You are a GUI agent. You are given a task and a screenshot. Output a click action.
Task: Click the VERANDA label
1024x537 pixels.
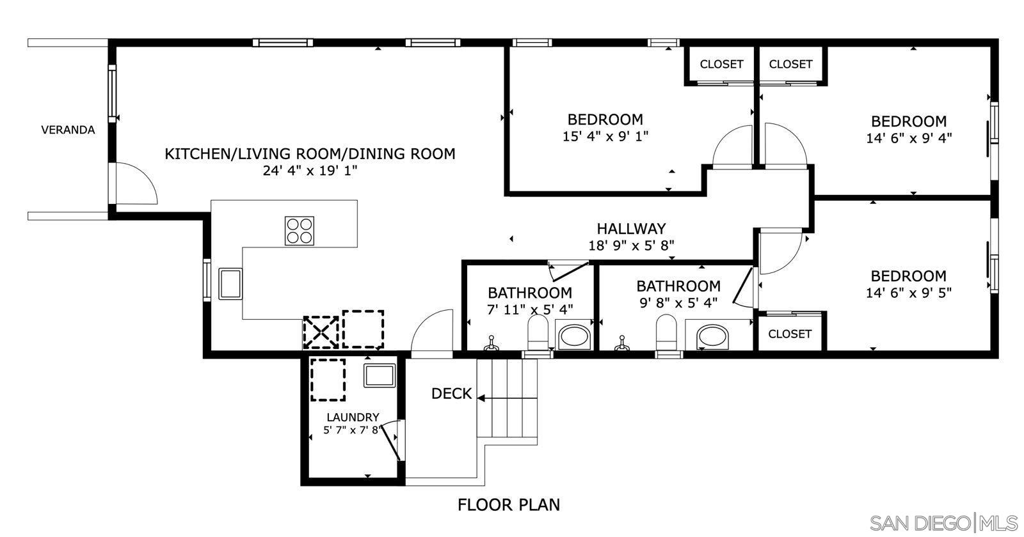(x=68, y=130)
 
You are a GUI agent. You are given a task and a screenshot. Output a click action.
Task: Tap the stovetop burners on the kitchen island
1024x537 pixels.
(x=300, y=231)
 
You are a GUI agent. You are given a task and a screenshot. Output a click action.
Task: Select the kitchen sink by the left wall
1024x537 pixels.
(x=230, y=284)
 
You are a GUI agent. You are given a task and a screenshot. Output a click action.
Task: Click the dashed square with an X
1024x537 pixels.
(x=320, y=332)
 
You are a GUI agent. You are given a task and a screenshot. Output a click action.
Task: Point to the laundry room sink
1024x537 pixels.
(x=380, y=375)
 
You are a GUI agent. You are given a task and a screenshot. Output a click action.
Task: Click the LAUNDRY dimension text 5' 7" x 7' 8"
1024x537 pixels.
(x=353, y=430)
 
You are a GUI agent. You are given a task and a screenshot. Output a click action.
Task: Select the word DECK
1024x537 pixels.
(x=451, y=394)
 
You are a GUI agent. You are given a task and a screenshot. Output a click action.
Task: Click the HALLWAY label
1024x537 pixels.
(x=631, y=228)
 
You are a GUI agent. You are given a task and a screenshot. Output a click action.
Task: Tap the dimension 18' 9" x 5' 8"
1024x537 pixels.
(x=631, y=244)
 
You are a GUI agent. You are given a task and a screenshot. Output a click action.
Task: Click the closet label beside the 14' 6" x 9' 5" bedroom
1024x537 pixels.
(x=789, y=334)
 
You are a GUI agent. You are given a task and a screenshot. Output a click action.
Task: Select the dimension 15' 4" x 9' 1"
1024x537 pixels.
(x=605, y=136)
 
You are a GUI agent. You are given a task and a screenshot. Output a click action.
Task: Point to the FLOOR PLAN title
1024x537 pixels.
(x=508, y=504)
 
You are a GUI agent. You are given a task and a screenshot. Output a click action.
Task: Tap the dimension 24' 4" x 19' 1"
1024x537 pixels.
(x=310, y=171)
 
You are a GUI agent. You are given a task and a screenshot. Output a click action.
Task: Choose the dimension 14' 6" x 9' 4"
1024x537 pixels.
(x=909, y=138)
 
